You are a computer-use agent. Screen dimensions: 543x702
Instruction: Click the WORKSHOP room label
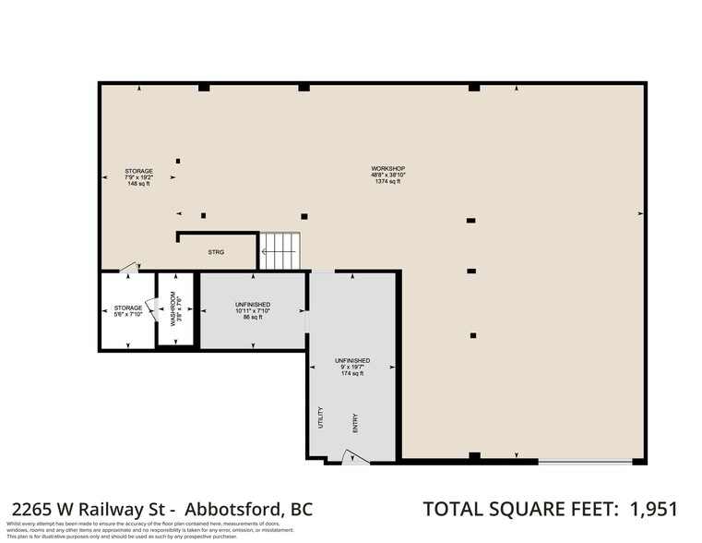(x=388, y=168)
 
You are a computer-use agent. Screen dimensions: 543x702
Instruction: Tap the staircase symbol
(x=280, y=249)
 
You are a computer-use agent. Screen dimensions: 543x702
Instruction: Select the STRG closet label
(x=216, y=251)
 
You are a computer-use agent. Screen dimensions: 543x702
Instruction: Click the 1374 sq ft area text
(x=388, y=182)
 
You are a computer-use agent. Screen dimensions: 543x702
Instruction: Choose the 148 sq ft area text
(x=139, y=184)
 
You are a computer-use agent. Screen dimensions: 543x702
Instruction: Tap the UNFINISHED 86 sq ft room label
(x=253, y=310)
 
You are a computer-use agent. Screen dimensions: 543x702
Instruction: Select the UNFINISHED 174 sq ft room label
(x=352, y=367)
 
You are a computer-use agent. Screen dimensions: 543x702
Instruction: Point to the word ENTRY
(x=354, y=423)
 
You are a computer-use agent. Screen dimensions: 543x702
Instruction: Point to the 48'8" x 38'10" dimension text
(x=388, y=175)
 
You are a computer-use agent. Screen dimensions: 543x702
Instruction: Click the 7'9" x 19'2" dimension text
(x=139, y=177)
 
